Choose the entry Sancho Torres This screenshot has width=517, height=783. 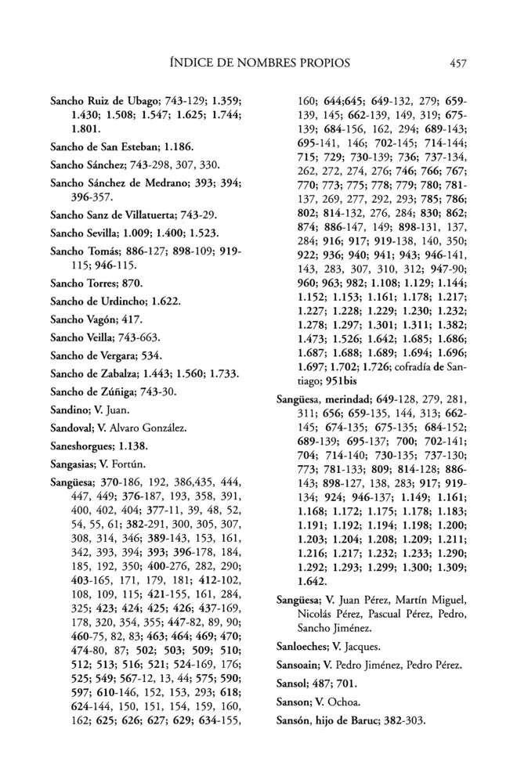point(84,281)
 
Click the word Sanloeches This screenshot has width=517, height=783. point(309,647)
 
